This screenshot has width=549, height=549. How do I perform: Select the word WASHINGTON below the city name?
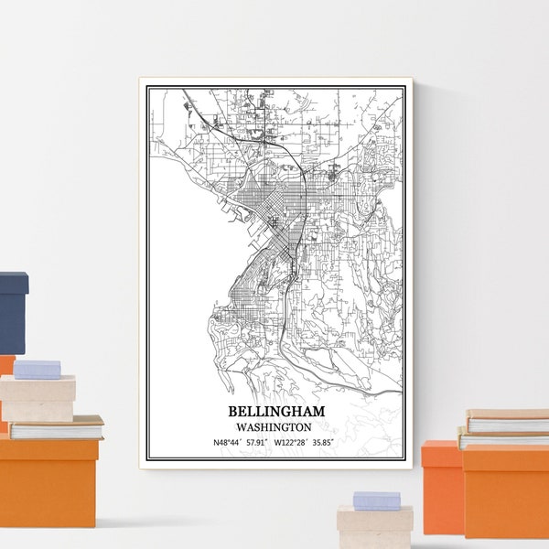pyautogui.click(x=273, y=426)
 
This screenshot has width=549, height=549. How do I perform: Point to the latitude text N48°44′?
pyautogui.click(x=229, y=443)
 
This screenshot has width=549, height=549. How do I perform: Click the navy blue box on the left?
pyautogui.click(x=13, y=311)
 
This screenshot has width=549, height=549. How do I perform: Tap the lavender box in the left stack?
pyautogui.click(x=37, y=369)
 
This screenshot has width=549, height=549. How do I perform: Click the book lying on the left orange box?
pyautogui.click(x=55, y=427)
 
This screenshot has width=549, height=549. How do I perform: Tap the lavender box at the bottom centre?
pyautogui.click(x=376, y=500)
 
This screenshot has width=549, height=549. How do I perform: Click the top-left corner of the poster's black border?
pyautogui.click(x=148, y=85)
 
